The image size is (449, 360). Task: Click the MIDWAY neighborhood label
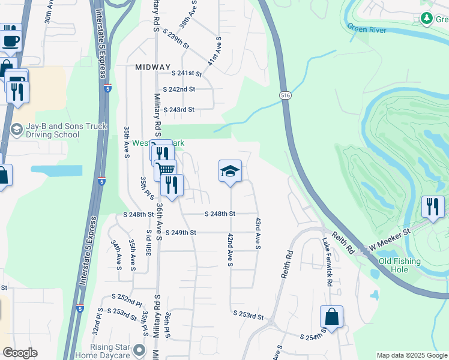point(152,67)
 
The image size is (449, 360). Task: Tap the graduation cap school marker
point(230,172)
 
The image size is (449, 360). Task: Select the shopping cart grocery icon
point(166,170)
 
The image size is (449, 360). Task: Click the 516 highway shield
point(285,95)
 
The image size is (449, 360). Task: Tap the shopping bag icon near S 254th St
point(331,316)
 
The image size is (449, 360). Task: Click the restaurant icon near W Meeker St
point(433,206)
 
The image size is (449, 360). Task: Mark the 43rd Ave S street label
point(258,233)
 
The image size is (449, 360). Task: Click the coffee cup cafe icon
point(10,41)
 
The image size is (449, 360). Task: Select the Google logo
point(20,353)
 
